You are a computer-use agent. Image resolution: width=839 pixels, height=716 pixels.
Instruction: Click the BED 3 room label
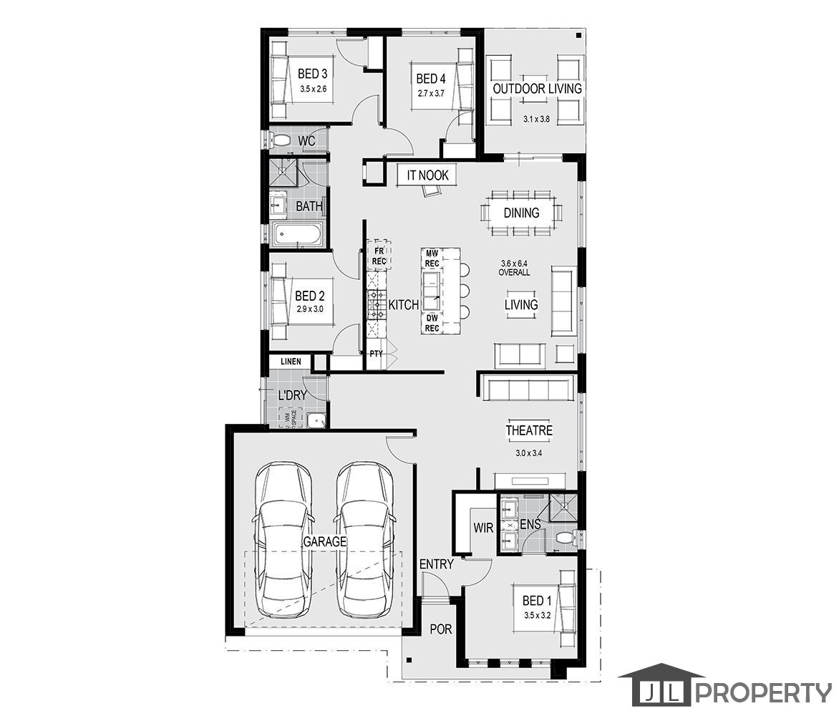313,74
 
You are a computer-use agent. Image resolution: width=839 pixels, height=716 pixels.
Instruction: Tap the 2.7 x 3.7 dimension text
431,93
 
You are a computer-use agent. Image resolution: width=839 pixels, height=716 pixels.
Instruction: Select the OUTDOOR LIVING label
537,89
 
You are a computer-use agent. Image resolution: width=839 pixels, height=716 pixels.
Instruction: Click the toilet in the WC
281,140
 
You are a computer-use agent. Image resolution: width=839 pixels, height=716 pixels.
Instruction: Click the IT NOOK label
428,175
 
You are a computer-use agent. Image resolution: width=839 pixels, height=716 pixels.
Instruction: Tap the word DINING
521,213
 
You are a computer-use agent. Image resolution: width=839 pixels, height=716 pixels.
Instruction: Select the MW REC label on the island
432,258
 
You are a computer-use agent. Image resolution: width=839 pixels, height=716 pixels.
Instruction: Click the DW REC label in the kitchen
432,323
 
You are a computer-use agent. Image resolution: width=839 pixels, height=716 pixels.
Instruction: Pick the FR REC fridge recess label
378,256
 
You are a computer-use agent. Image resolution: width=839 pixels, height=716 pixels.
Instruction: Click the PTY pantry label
377,354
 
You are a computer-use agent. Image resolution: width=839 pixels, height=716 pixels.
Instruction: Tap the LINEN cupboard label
291,362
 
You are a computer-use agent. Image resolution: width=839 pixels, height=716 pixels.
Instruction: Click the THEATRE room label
529,431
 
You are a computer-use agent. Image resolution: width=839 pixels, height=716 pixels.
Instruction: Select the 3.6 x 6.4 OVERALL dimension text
515,268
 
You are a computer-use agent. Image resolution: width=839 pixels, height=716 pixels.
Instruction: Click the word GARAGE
324,541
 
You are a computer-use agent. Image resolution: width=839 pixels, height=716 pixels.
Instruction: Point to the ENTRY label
437,564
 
